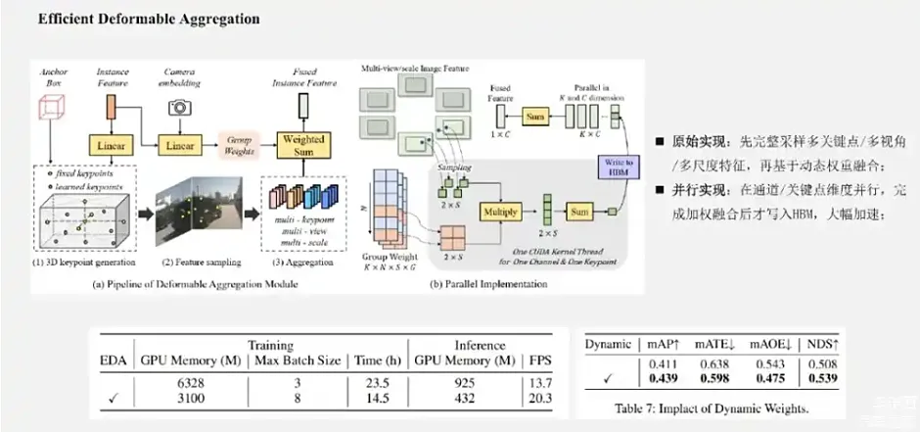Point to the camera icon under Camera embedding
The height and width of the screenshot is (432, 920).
[179, 107]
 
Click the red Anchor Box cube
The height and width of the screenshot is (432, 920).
[51, 108]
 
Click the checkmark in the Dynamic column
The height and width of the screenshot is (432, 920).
[609, 380]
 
